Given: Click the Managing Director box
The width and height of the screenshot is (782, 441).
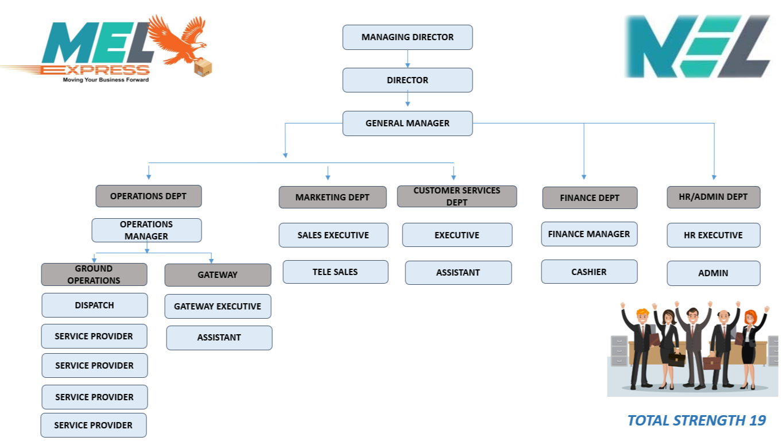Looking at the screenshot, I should (408, 37).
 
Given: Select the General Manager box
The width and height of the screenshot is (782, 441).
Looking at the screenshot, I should (408, 123).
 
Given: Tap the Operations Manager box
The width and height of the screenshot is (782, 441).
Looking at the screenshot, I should (146, 230).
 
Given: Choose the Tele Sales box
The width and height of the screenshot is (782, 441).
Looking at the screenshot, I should (335, 272).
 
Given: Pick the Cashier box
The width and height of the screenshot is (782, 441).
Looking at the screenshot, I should (589, 272).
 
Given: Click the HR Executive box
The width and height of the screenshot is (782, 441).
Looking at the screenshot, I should (713, 235).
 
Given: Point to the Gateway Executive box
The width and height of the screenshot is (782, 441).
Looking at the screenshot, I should (218, 307).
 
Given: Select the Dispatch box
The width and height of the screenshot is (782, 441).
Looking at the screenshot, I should (95, 305).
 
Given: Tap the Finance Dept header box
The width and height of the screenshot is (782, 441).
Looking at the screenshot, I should (590, 198).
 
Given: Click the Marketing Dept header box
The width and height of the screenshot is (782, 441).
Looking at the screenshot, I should (332, 197).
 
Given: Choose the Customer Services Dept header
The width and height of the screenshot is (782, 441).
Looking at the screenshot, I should (457, 196).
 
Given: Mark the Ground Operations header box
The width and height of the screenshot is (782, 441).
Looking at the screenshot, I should (94, 274).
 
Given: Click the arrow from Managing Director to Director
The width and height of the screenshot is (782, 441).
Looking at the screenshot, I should (408, 59).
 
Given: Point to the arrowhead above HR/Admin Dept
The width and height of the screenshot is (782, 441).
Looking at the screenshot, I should (714, 177).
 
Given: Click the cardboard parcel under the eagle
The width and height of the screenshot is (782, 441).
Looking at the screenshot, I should (203, 68).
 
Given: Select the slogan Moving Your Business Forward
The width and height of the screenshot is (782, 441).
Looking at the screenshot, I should (106, 80).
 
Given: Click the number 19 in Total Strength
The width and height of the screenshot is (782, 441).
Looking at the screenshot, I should (757, 420).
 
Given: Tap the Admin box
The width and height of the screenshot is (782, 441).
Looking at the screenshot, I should (713, 273).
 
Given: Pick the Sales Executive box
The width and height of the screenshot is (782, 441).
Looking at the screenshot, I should (333, 235).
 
